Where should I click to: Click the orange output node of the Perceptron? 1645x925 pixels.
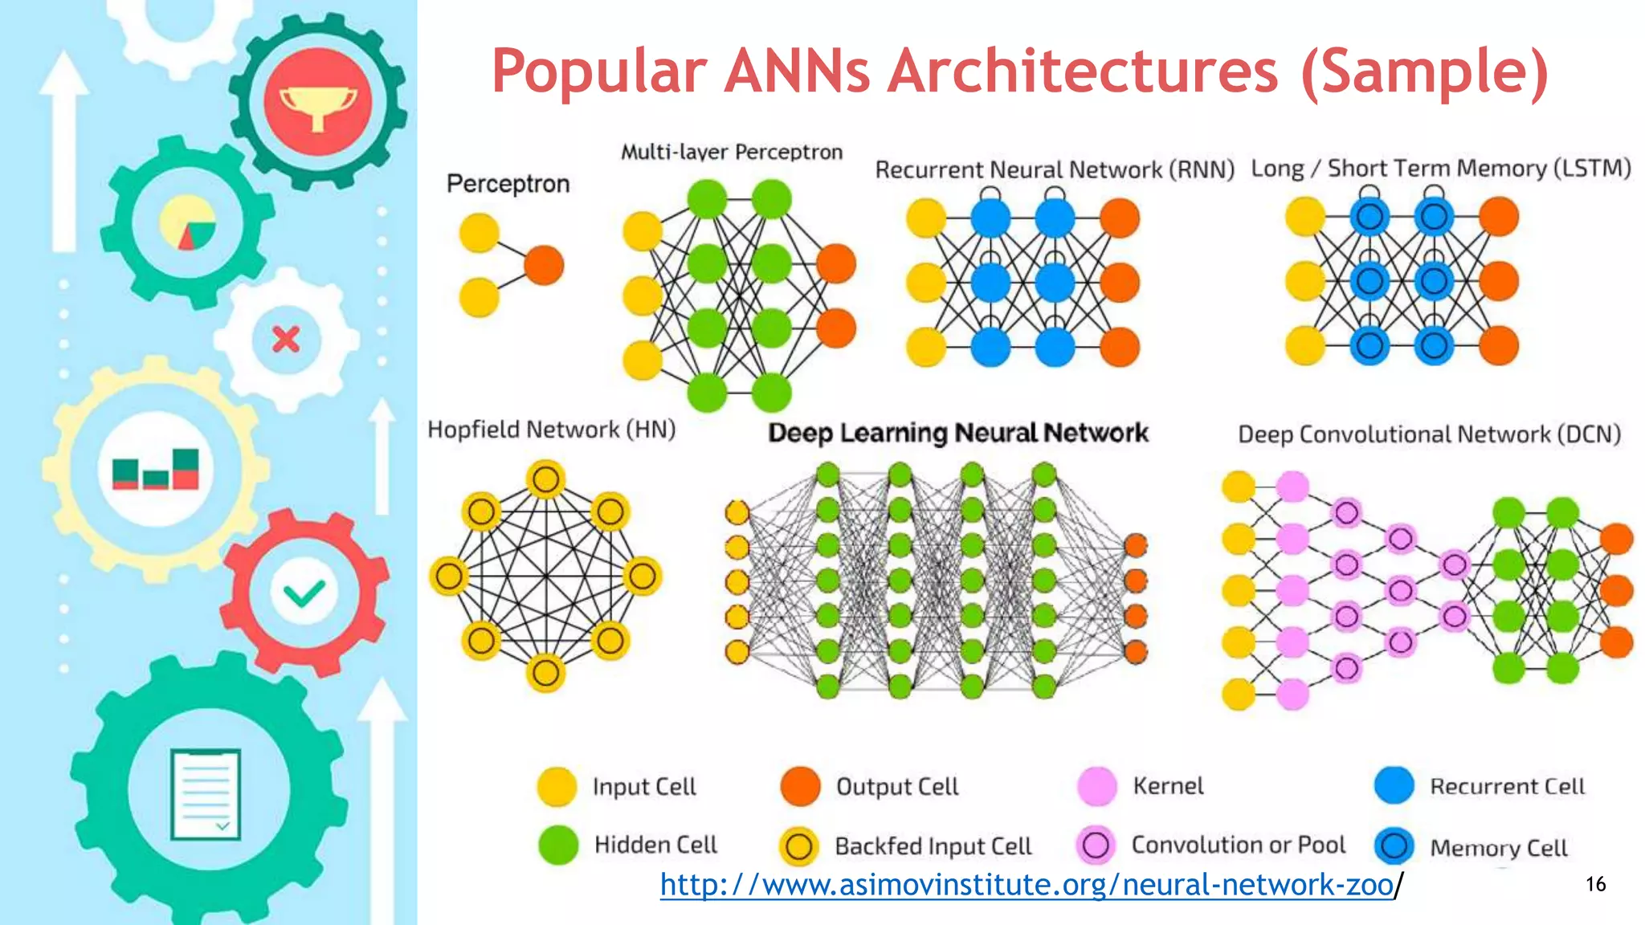(x=544, y=265)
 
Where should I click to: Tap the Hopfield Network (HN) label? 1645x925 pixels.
(x=551, y=430)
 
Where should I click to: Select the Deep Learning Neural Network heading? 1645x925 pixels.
(x=957, y=433)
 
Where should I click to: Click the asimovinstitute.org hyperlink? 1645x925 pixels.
(x=1027, y=884)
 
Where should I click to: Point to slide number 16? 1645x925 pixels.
(x=1595, y=884)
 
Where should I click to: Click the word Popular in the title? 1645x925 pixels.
(x=598, y=71)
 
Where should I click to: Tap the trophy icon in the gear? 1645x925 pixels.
(x=318, y=102)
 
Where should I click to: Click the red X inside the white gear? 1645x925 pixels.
(x=286, y=339)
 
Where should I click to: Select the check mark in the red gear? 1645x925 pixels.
(x=304, y=593)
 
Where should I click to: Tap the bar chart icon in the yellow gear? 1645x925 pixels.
(x=156, y=470)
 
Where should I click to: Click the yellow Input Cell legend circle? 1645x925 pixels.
(x=557, y=787)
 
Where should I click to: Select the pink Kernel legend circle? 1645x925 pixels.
(x=1096, y=786)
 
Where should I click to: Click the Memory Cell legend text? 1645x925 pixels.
(x=1498, y=847)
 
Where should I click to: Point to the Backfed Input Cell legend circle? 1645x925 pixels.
(x=798, y=846)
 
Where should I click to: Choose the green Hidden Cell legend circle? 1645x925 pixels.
(x=558, y=845)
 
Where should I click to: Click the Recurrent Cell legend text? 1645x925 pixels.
(x=1507, y=786)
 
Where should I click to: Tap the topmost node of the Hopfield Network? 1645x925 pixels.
(x=546, y=479)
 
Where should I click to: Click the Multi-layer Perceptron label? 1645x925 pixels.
(x=731, y=152)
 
